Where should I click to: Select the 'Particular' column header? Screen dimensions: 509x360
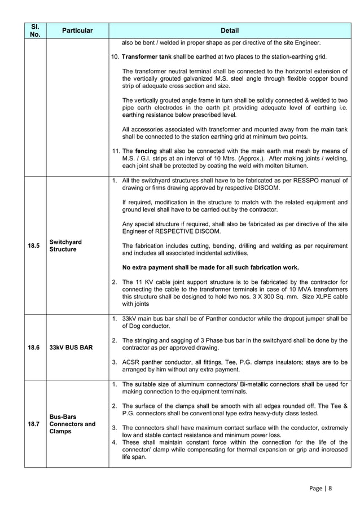pyautogui.click(x=77, y=30)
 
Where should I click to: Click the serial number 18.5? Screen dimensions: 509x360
pyautogui.click(x=34, y=245)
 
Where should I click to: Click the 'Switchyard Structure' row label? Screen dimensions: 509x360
pyautogui.click(x=65, y=245)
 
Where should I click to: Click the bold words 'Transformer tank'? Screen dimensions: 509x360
pyautogui.click(x=148, y=56)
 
